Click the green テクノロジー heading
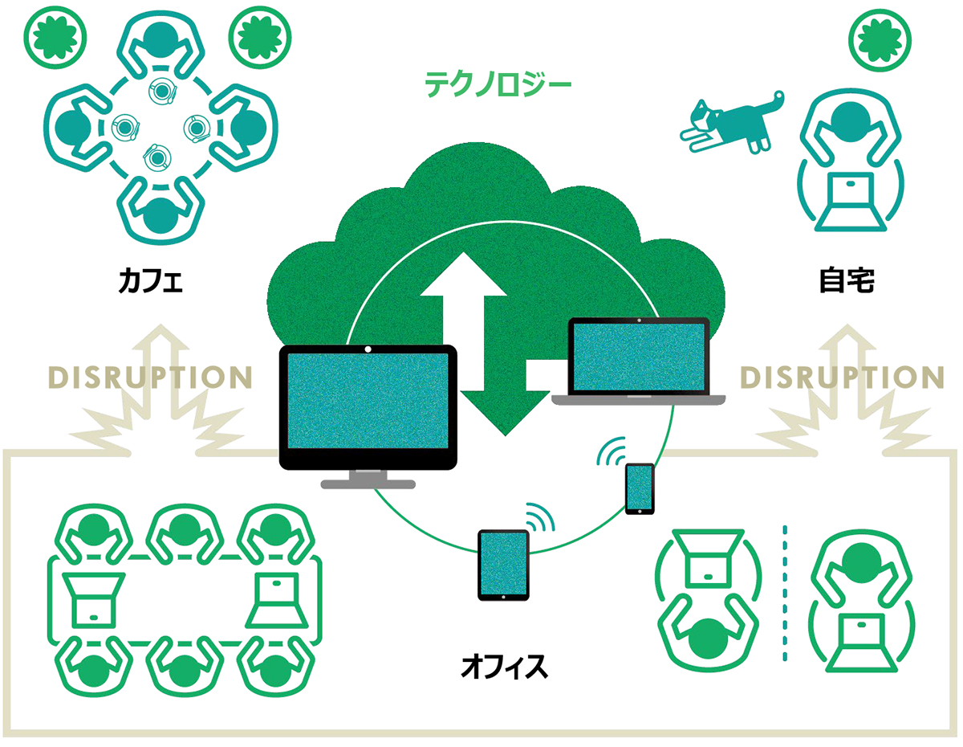click(498, 83)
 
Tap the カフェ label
click(150, 281)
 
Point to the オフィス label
click(505, 666)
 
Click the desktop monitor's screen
click(368, 406)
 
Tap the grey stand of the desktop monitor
click(368, 480)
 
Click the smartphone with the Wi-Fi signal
click(640, 488)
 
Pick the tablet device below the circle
click(504, 565)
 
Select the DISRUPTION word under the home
click(841, 377)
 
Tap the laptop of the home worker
click(849, 201)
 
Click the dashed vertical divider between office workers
click(785, 594)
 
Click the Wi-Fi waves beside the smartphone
click(612, 454)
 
